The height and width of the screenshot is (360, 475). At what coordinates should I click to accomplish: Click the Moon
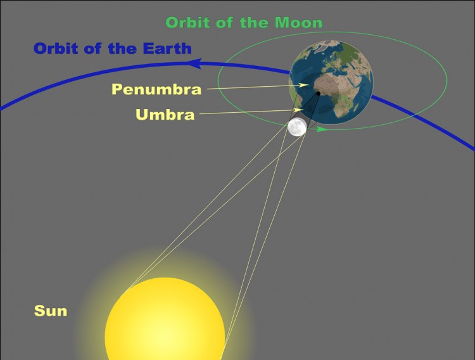297,127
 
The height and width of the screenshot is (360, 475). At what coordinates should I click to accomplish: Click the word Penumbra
156,89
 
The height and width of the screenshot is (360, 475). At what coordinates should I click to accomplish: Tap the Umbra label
165,115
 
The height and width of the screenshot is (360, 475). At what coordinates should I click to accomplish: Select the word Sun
51,311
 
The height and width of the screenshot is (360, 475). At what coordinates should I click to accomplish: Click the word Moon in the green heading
299,23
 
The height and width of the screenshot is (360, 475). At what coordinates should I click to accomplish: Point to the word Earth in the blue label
167,49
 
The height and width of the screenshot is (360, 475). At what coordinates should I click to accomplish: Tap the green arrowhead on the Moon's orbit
322,129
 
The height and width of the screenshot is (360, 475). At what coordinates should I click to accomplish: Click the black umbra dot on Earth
319,93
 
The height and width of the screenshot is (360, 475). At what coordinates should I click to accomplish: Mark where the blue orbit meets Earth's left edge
290,72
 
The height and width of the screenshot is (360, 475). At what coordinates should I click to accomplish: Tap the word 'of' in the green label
225,23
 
